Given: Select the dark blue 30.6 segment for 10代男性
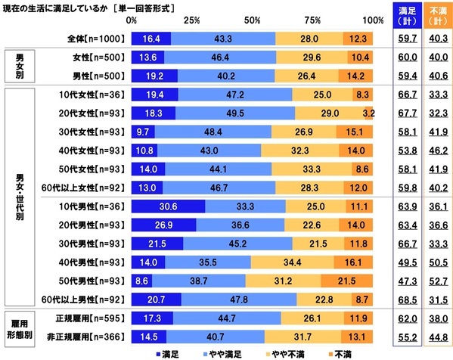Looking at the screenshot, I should coord(168,206).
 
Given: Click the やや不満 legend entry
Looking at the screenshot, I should coord(287,352).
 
